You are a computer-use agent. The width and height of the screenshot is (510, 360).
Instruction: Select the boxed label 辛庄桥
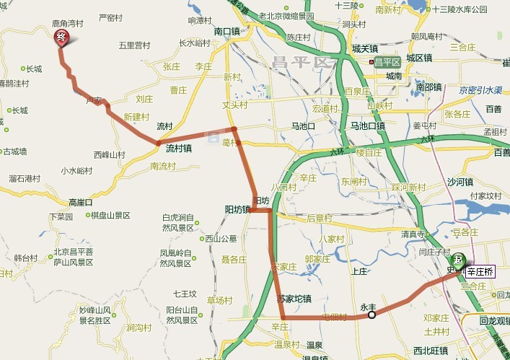[x=480, y=272]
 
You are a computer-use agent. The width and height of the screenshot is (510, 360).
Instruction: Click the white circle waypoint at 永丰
[x=371, y=315]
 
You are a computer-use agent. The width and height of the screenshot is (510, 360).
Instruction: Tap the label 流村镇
[x=178, y=149]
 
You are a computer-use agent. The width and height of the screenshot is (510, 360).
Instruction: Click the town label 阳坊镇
[x=237, y=210]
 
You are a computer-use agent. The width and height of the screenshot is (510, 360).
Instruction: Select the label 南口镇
[x=227, y=32]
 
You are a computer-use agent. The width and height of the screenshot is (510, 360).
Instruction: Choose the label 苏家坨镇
[x=294, y=298]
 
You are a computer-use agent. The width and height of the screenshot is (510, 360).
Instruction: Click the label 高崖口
[x=81, y=203]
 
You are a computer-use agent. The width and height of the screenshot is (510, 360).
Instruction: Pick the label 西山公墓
[x=220, y=239]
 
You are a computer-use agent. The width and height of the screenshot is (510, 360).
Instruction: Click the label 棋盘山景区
[x=110, y=215]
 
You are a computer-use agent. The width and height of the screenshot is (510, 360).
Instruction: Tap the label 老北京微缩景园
[x=286, y=16]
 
